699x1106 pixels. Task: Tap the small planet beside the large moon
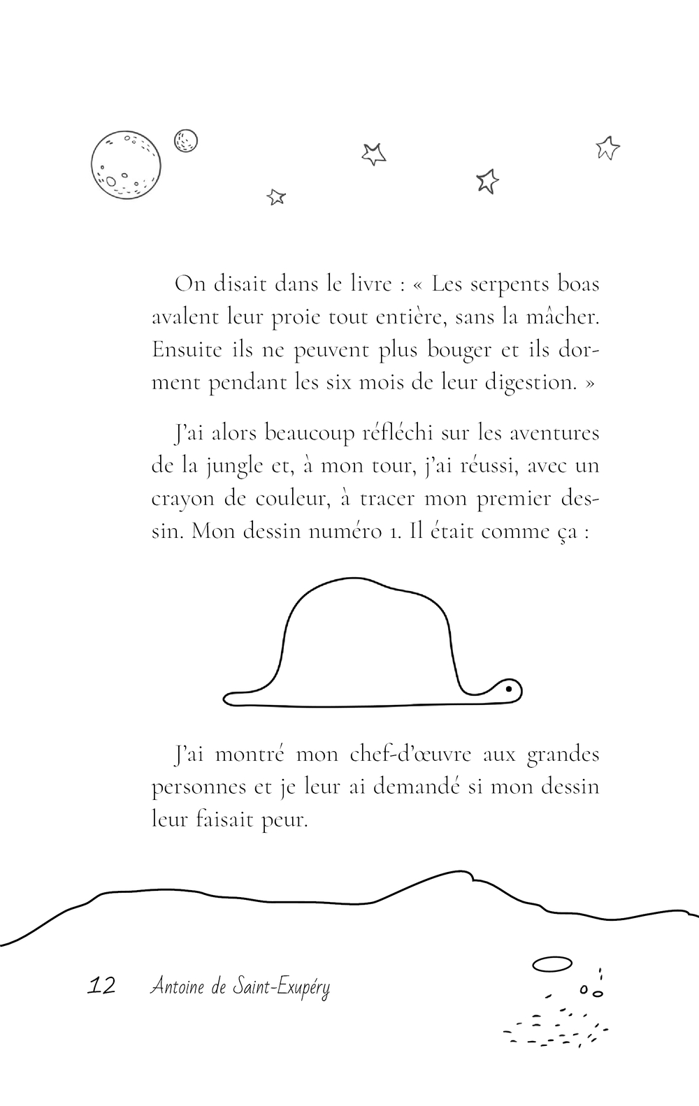coord(185,140)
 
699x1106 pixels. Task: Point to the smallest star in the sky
coord(276,197)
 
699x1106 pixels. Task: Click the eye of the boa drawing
coord(509,689)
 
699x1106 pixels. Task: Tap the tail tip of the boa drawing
coord(228,697)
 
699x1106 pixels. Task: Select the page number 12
coord(101,986)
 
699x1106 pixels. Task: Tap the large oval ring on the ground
coord(552,964)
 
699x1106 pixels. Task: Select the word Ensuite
coord(187,350)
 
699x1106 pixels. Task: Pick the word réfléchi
coord(398,433)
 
